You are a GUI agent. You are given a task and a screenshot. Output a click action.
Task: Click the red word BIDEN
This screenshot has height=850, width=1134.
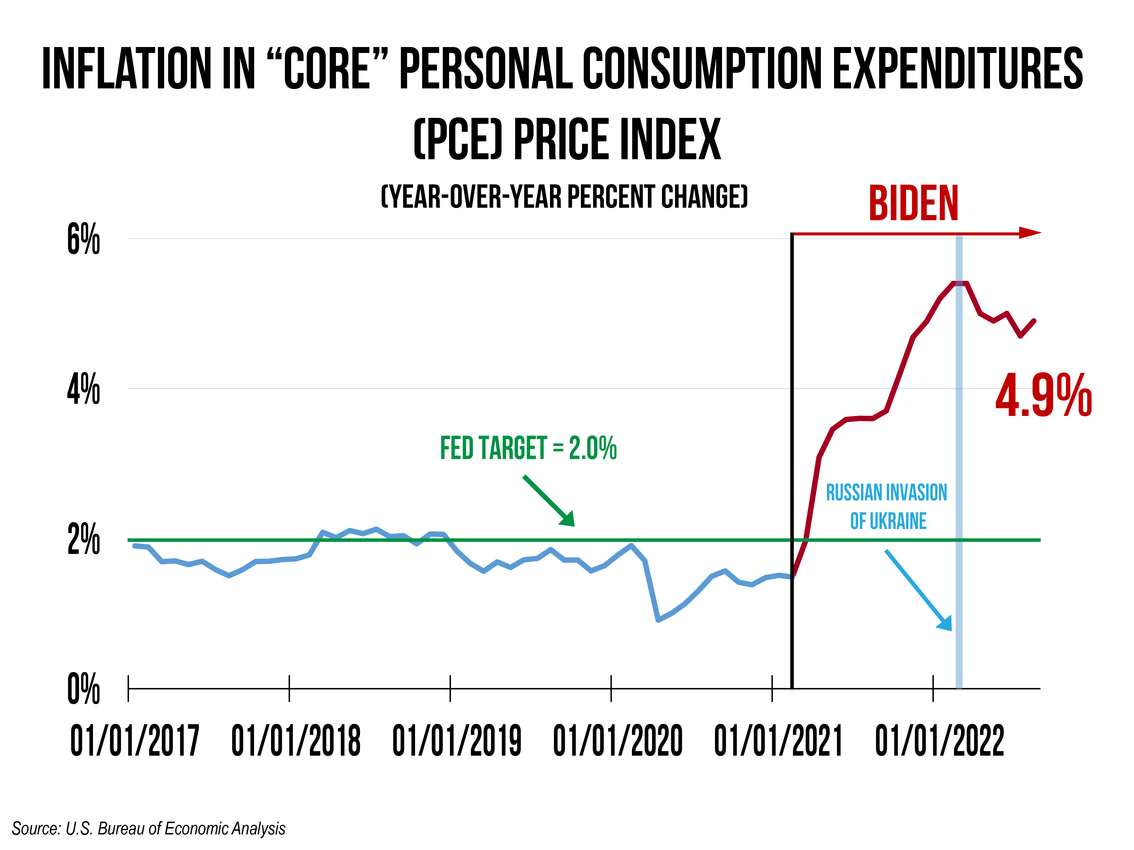pos(913,204)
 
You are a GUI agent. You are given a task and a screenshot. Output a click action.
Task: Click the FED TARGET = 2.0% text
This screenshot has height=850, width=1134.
pos(528,448)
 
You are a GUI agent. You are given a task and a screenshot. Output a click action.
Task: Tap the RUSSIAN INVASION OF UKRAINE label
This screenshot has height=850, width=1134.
pos(887,507)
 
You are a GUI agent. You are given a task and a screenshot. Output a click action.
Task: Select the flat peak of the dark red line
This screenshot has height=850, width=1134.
pos(959,283)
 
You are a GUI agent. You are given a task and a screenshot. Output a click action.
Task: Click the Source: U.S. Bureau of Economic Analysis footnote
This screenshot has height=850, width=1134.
pos(148,828)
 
